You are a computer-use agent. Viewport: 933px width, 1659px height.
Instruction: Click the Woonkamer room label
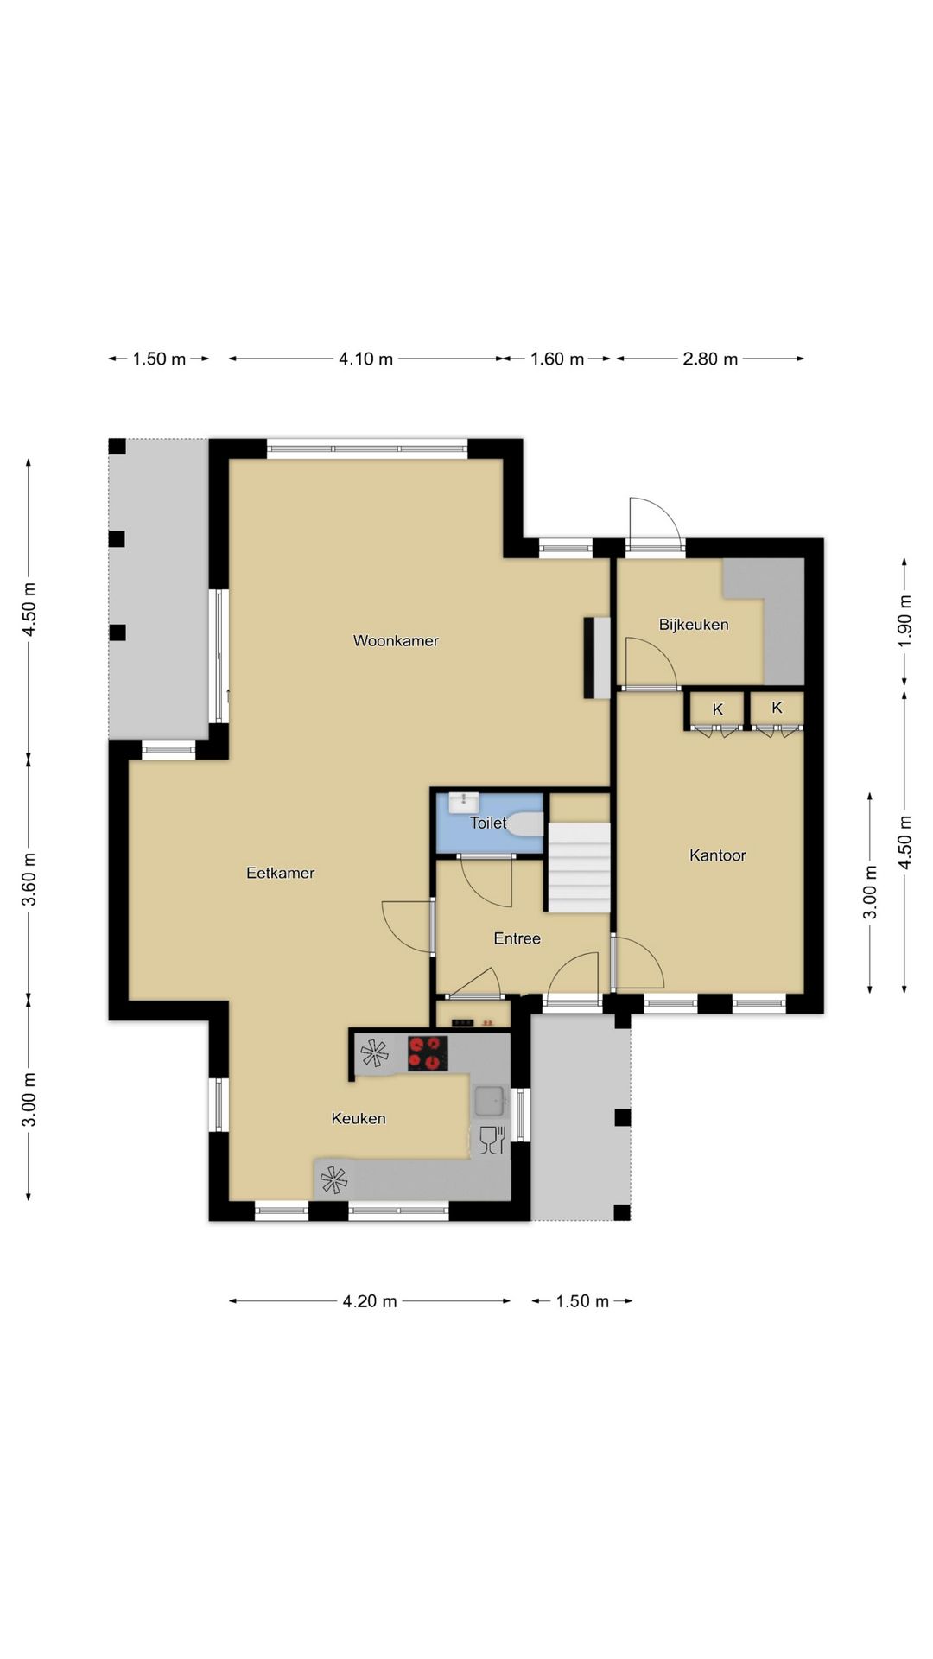pos(396,641)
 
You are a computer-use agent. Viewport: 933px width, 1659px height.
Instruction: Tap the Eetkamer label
pos(280,873)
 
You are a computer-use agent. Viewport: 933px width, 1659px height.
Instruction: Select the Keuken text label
pos(359,1118)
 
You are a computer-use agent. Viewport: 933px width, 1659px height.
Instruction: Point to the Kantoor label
pos(717,855)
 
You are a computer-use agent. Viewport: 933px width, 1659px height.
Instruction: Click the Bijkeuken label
pos(694,625)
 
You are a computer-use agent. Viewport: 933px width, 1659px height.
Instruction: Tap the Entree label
pos(517,938)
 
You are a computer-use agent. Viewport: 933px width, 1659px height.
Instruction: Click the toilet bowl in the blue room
pos(525,823)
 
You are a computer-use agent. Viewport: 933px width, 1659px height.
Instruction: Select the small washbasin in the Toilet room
pos(463,799)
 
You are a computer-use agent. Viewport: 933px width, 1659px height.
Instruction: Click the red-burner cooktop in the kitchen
pos(428,1053)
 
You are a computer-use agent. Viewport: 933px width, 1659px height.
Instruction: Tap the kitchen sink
pos(491,1101)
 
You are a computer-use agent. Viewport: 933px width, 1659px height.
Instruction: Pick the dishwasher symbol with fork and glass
pos(491,1140)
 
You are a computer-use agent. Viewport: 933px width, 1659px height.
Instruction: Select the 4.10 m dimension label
pos(365,359)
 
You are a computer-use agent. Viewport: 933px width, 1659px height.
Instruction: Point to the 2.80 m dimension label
pos(710,359)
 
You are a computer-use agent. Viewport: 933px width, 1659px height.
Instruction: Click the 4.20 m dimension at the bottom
pos(370,1301)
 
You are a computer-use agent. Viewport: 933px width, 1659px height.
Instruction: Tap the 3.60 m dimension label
pos(29,878)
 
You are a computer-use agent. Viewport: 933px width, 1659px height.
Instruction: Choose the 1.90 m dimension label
pos(904,620)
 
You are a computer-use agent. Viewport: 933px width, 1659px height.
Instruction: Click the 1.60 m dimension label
pos(557,359)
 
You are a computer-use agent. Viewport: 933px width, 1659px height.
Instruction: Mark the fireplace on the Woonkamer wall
pos(597,658)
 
